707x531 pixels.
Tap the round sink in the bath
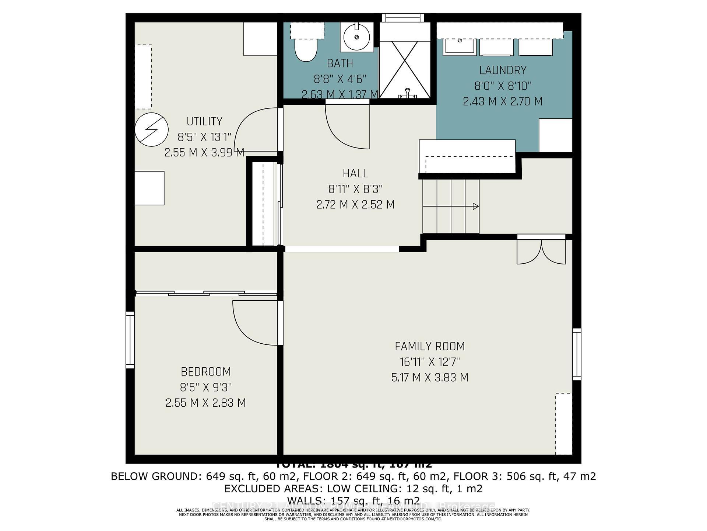[356, 37]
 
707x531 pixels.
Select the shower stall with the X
[404, 69]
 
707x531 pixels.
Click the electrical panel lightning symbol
[151, 129]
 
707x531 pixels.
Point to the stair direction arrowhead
[475, 206]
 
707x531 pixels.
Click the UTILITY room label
[204, 121]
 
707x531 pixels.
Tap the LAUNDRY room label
[503, 70]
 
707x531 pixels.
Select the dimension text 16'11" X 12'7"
[430, 362]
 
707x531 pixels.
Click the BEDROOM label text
[205, 371]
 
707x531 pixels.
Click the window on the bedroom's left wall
[130, 340]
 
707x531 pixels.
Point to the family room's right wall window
[577, 354]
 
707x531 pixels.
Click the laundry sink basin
[460, 47]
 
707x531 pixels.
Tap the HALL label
[355, 173]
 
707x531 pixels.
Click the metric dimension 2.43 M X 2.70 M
[503, 101]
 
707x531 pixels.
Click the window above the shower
[403, 17]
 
